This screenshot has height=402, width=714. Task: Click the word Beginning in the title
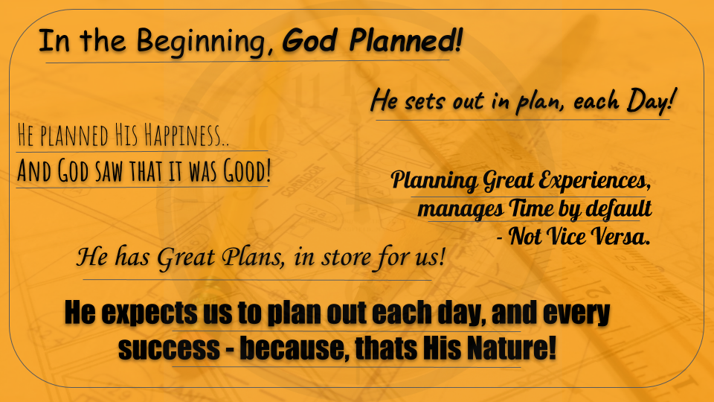(x=201, y=42)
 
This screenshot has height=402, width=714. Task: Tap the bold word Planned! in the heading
(x=406, y=40)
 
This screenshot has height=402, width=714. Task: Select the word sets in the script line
(x=425, y=101)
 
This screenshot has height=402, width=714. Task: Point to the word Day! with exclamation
(x=650, y=100)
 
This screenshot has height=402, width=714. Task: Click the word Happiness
(x=186, y=135)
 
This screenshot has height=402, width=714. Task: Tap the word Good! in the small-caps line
(x=247, y=170)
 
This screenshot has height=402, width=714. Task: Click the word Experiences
(x=594, y=180)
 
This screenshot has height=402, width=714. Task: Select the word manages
(x=460, y=209)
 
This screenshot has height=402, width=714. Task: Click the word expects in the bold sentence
(x=149, y=313)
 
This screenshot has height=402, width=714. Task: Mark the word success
(x=169, y=348)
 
